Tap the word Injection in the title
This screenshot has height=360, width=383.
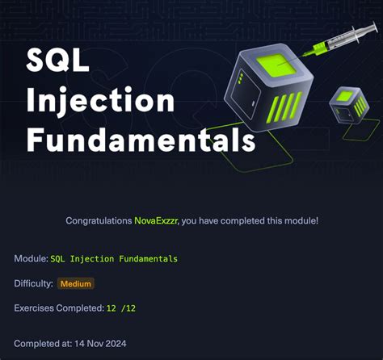click(100, 100)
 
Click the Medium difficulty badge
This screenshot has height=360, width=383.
click(76, 283)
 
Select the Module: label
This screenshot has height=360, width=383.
click(30, 258)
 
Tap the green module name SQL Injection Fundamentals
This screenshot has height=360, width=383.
click(114, 258)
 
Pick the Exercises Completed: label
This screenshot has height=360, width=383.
click(58, 308)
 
